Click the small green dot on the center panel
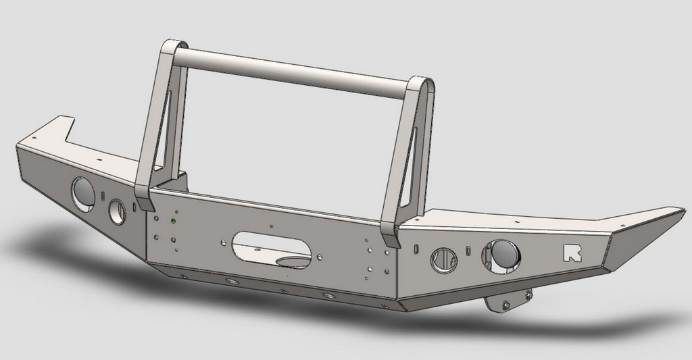pyautogui.click(x=174, y=220)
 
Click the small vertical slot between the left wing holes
pyautogui.click(x=103, y=196)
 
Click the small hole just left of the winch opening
pyautogui.click(x=222, y=241)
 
